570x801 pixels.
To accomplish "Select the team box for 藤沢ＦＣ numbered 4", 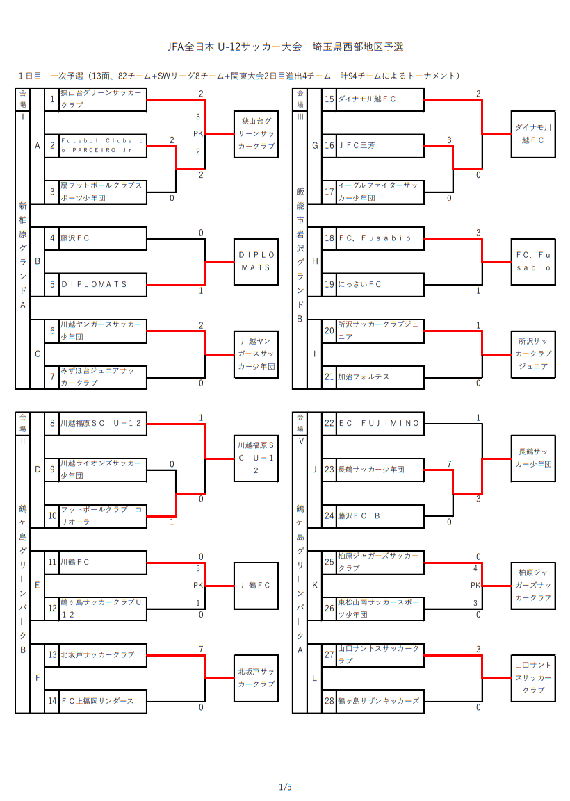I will [103, 238].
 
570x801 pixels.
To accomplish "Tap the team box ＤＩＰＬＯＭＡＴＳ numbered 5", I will [103, 284].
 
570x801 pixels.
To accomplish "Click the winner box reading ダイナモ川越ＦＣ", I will [533, 133].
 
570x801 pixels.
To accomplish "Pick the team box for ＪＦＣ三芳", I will [380, 146].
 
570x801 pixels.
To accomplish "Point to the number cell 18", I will [329, 238].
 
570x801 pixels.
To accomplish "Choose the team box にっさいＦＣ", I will [380, 284].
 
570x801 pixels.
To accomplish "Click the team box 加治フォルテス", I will [380, 377].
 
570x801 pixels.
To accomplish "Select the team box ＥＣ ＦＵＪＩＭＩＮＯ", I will [380, 423].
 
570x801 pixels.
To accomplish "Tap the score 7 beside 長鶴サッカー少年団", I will [450, 464].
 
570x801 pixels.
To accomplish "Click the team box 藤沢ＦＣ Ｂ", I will [380, 516].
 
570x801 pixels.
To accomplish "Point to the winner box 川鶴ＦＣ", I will [255, 586].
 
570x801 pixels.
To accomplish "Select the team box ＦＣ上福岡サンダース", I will [103, 701].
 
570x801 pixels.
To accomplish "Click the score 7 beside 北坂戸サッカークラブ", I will [201, 650].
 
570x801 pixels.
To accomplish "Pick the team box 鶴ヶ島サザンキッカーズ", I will [380, 701].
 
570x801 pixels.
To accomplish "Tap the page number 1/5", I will [285, 787].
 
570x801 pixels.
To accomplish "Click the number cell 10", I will [52, 516].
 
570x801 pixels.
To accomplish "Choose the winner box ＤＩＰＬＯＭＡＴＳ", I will [255, 261].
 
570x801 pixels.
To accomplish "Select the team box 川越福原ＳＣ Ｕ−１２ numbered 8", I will [103, 423].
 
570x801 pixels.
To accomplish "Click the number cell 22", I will [329, 423].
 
